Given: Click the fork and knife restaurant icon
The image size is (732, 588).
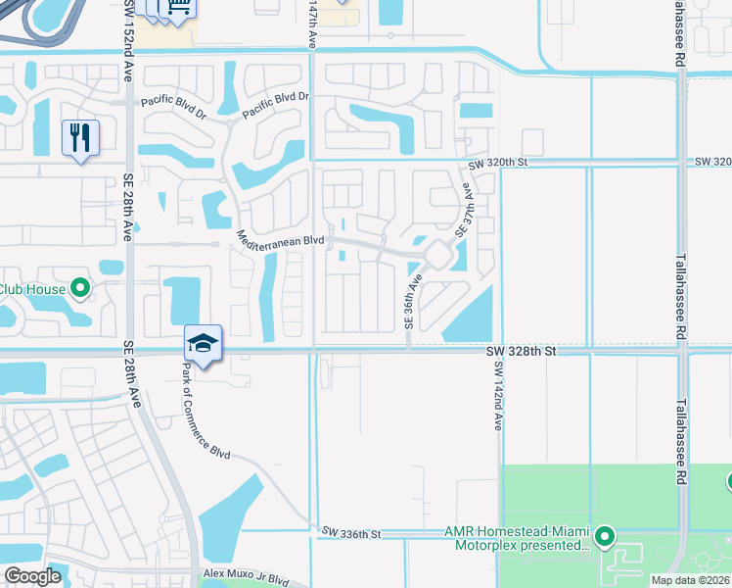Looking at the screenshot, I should coord(80,136).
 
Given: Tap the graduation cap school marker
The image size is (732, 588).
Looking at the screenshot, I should coord(203,344).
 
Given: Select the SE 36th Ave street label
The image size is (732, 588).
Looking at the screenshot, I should coord(413,300).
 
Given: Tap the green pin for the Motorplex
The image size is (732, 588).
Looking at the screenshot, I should coord(605,536).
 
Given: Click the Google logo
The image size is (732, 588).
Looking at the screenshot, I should coord(32,576).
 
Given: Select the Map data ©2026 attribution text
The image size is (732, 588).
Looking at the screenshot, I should coord(689,580).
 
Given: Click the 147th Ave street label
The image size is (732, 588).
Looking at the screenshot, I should coord(313,24).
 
